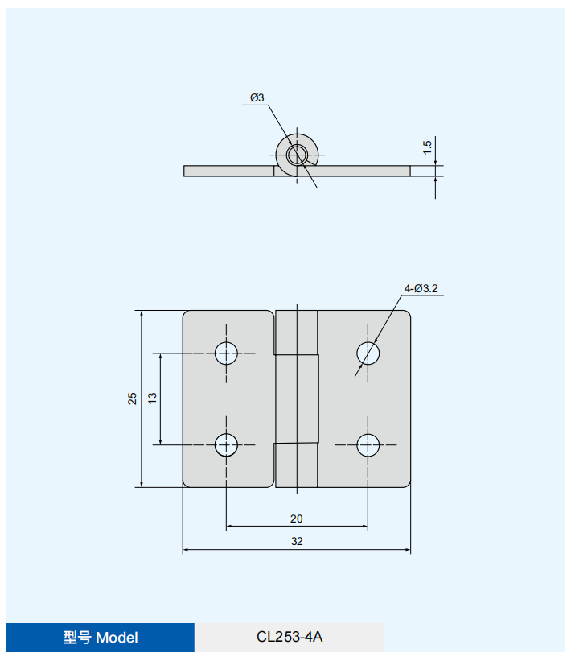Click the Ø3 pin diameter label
pos(257,97)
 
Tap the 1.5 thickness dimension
pos(427,147)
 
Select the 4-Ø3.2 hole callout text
pos(421,288)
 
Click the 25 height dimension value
pos(132,399)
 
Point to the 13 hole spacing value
pos(152,398)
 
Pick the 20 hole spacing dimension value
pos(297,519)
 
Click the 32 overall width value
pos(297,541)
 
